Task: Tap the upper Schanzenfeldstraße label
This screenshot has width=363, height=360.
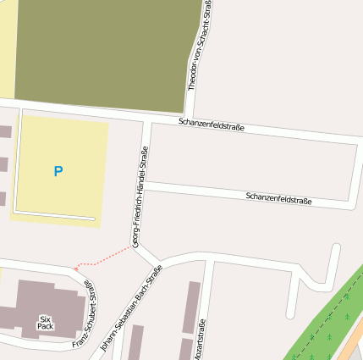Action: [212, 125]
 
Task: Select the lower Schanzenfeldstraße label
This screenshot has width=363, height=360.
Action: [278, 199]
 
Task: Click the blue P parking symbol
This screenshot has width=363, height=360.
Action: [58, 171]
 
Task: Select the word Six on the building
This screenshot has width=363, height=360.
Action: [45, 319]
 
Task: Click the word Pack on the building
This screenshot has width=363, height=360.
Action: [45, 327]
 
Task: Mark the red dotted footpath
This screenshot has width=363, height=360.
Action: [102, 259]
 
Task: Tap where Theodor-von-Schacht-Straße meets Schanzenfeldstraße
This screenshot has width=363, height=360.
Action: [191, 115]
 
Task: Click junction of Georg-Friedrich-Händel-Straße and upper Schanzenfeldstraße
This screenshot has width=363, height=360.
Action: [146, 121]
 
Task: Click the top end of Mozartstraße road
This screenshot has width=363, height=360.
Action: [209, 262]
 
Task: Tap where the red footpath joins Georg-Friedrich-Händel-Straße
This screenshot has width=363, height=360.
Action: [134, 247]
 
